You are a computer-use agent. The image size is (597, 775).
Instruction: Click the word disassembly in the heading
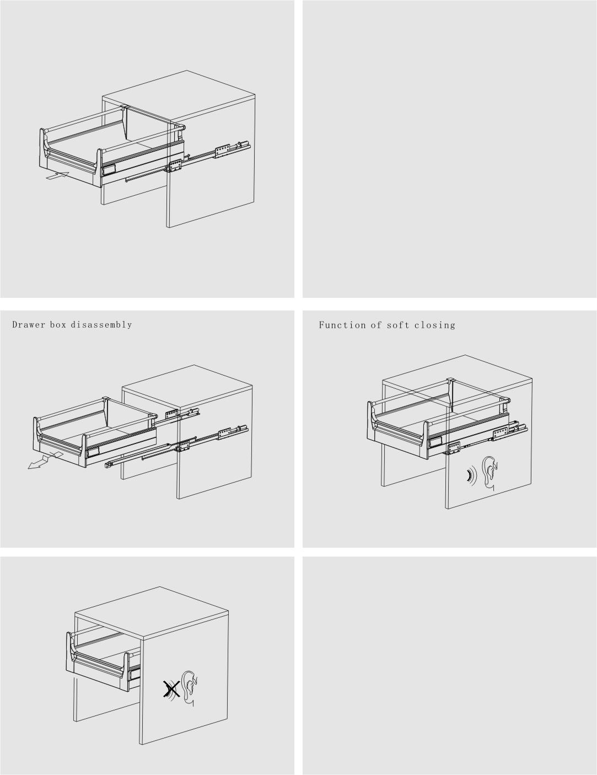tap(101, 325)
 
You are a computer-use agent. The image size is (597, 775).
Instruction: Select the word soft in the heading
tap(397, 325)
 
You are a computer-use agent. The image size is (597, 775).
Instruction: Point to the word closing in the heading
tap(435, 325)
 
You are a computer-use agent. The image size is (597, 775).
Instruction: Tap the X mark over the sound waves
tap(171, 688)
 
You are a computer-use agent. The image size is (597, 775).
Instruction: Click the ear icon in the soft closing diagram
tap(490, 474)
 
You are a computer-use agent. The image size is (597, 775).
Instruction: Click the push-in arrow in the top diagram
tap(57, 175)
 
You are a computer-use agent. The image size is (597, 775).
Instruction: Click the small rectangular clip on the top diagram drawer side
tap(109, 170)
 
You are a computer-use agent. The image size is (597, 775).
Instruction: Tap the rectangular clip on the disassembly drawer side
tap(92, 453)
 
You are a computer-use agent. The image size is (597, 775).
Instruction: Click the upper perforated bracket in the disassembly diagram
tap(172, 415)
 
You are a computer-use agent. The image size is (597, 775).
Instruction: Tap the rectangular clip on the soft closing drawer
tap(436, 442)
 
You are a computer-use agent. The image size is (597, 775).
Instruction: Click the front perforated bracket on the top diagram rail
tap(175, 166)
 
